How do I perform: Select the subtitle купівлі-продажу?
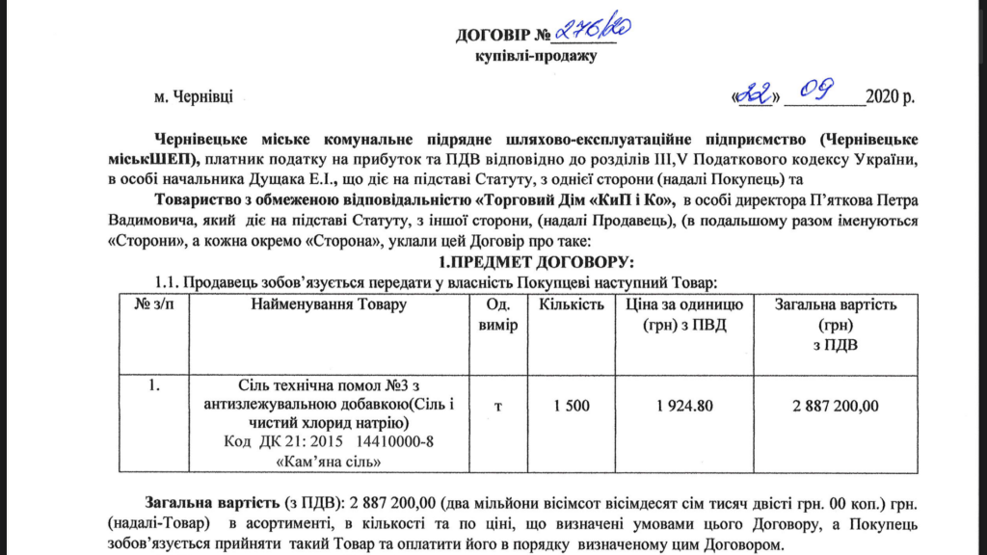[x=536, y=55]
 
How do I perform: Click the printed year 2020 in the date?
[x=883, y=97]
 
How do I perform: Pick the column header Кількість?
[x=572, y=305]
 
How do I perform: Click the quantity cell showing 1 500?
[x=572, y=406]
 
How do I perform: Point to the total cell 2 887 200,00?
[x=836, y=406]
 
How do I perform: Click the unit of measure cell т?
[x=498, y=406]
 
